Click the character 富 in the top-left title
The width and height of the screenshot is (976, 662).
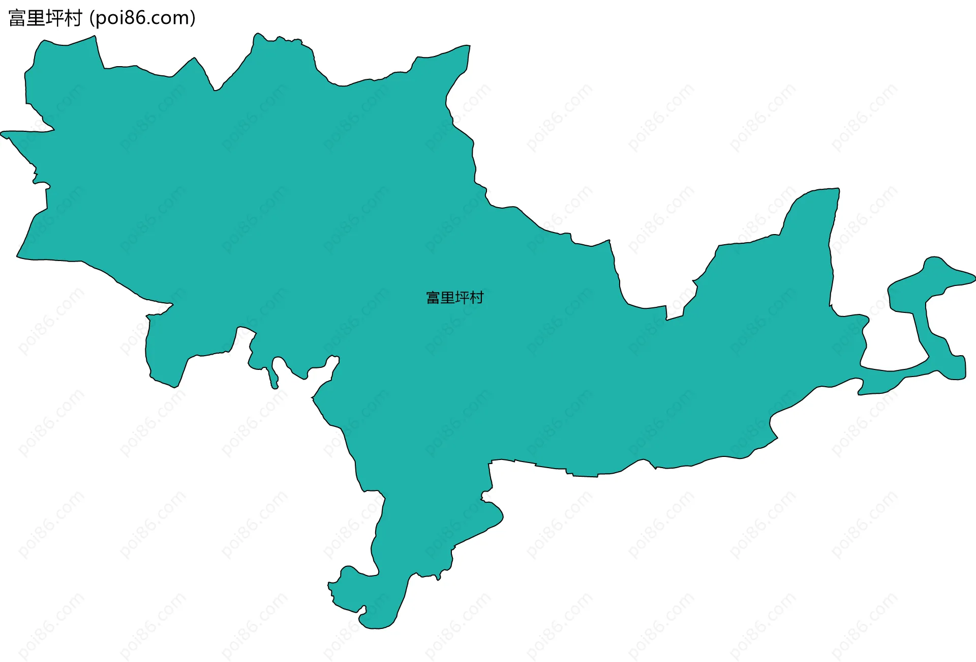point(17,18)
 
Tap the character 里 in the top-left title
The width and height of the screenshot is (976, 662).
point(36,18)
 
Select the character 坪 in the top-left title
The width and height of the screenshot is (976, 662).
point(55,18)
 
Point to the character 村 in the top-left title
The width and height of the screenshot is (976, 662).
point(73,18)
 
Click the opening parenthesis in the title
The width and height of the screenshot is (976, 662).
point(91,18)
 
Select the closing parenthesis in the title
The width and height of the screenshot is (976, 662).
point(193,18)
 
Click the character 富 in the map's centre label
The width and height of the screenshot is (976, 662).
point(433,298)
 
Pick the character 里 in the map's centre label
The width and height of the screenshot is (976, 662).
point(447,298)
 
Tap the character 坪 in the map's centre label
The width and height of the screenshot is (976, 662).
point(462,298)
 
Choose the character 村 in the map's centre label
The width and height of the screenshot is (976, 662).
point(476,298)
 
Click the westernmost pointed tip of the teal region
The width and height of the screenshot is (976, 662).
point(3,135)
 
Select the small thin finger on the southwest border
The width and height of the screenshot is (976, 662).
point(275,374)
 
